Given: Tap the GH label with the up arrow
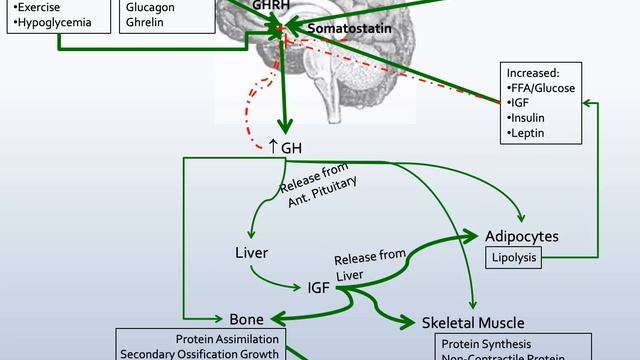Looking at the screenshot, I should (x=286, y=147).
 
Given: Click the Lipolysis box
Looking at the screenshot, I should (x=513, y=259).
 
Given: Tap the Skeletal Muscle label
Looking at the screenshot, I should (x=473, y=322).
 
